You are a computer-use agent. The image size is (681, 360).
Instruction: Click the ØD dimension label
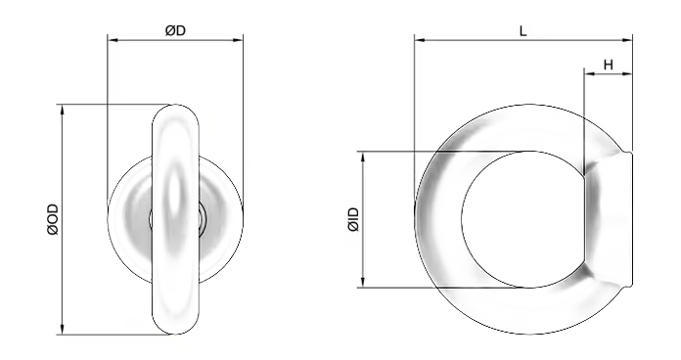[175, 31]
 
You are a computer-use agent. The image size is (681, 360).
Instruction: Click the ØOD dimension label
[53, 220]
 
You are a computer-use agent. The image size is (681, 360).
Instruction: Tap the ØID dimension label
[353, 220]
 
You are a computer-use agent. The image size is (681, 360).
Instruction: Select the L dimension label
[522, 31]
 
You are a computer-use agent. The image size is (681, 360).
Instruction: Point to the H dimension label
[608, 66]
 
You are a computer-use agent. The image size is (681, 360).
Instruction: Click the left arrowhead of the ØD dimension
[113, 40]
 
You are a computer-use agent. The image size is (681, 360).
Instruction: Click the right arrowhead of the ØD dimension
[238, 40]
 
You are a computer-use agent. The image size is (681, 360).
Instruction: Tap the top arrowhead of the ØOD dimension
[62, 110]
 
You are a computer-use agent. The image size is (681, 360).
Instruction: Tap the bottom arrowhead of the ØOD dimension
[62, 330]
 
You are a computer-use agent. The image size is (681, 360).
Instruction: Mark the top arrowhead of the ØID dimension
[363, 157]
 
